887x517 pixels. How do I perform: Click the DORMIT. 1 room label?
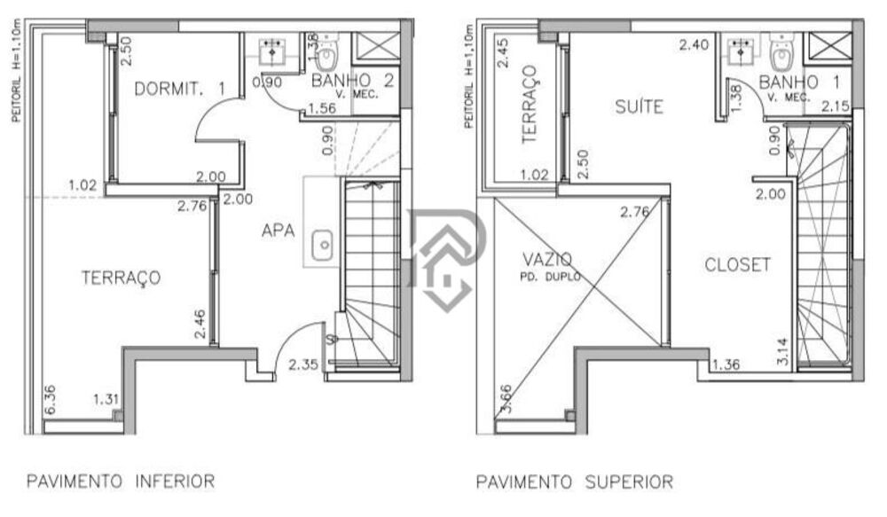coord(179,88)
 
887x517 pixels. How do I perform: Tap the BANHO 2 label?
coord(352,81)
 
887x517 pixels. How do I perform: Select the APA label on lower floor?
coord(278,231)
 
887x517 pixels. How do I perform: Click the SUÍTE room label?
coord(640,107)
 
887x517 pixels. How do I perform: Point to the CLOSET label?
coord(737,264)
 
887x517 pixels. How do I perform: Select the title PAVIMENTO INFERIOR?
coord(121,482)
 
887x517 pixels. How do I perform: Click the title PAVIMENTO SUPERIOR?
coord(575,482)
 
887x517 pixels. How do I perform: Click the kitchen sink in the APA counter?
coord(324,239)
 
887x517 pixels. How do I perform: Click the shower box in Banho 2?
coord(374,43)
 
